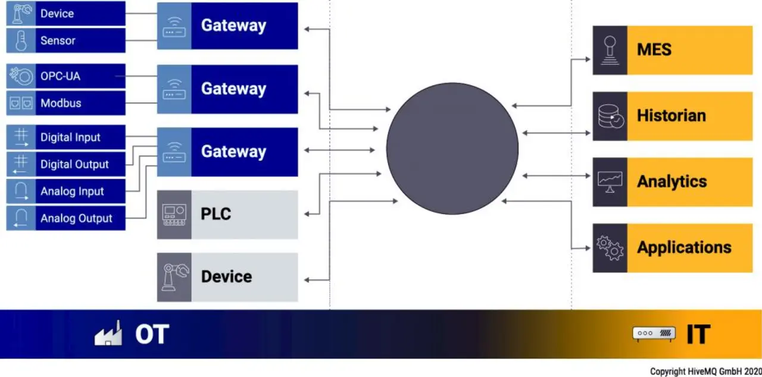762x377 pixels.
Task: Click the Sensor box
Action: (65, 40)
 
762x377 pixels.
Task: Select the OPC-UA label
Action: (60, 76)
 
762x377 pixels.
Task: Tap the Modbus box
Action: (65, 103)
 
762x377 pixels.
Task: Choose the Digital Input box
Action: (65, 137)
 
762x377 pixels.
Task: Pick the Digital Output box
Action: (65, 164)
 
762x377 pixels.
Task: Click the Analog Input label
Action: (72, 191)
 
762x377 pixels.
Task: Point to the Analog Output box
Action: (65, 218)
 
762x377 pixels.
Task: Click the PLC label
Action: (216, 214)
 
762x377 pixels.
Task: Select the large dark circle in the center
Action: (452, 149)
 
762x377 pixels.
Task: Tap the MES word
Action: (654, 49)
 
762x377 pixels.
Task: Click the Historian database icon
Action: (610, 116)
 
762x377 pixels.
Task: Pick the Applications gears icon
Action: (610, 248)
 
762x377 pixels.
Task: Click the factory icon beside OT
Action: (108, 333)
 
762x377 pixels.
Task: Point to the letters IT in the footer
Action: (698, 334)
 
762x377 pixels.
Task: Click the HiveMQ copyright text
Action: (705, 371)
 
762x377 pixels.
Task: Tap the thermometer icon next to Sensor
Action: (21, 40)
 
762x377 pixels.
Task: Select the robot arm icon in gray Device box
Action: (174, 277)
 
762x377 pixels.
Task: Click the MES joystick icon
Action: (610, 51)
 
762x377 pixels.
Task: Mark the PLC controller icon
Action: (174, 215)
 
